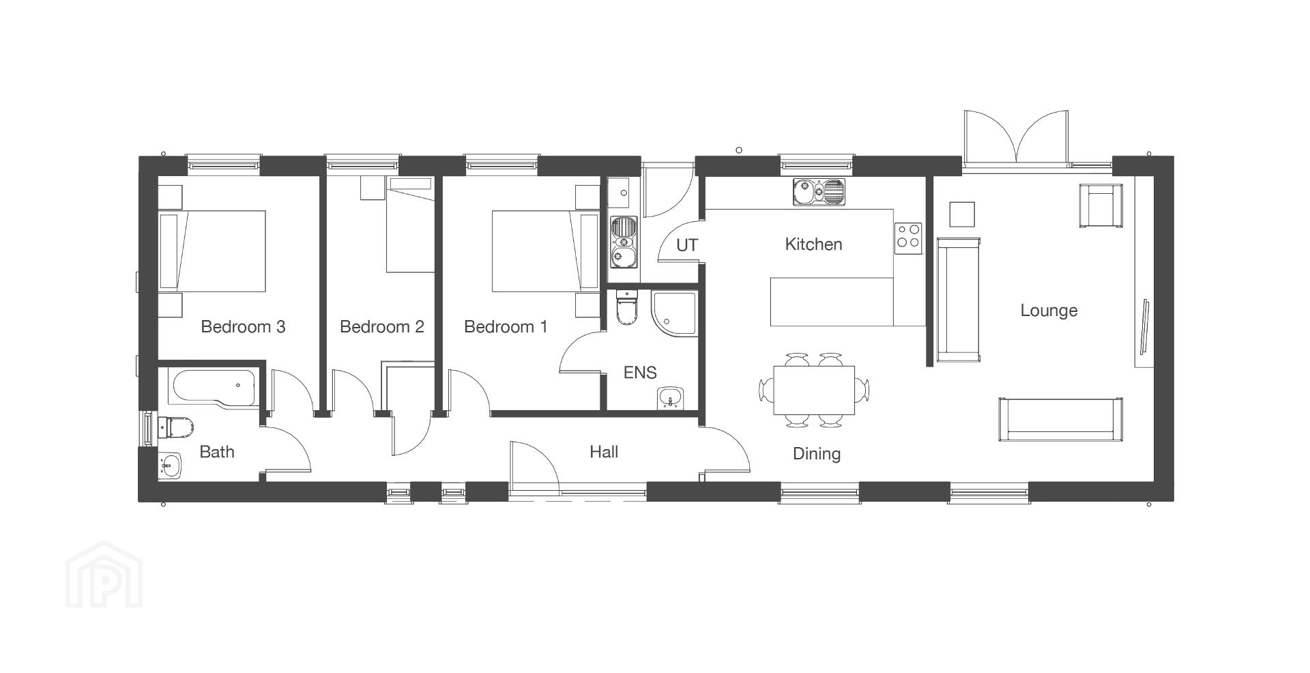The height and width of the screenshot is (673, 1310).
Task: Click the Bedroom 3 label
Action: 243,327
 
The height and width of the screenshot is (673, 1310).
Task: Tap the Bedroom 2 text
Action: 382,327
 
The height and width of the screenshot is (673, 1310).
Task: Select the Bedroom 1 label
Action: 506,327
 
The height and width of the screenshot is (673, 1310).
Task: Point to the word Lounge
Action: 1049,311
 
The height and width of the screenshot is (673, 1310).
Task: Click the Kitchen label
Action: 813,244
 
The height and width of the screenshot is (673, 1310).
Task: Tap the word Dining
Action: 816,454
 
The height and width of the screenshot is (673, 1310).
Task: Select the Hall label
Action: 604,452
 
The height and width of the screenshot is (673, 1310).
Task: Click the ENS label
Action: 640,373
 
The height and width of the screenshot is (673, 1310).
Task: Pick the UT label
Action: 687,245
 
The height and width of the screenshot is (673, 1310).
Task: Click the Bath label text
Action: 217,452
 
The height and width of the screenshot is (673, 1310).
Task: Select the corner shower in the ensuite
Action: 674,313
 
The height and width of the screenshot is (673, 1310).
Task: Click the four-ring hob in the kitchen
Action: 908,238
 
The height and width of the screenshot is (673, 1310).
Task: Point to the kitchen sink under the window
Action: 819,192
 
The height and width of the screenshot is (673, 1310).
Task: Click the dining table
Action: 814,390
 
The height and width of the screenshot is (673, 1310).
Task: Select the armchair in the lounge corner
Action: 1100,205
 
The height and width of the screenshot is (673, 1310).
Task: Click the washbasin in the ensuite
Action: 671,398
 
